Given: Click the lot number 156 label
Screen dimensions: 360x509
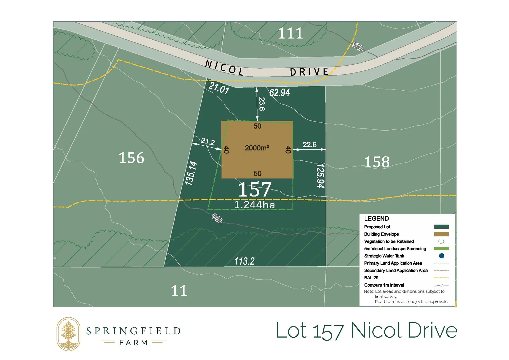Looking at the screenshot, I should click(131, 158).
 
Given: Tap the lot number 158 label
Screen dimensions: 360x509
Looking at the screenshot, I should click(377, 162).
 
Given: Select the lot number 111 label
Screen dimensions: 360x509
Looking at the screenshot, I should click(290, 33).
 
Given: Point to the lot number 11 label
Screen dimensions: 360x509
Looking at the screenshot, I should click(179, 291).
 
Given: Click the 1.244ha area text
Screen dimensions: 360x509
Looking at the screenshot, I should click(255, 205).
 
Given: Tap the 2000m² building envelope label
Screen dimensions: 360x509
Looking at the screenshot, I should click(257, 148).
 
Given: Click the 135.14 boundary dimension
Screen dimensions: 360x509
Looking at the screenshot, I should click(191, 173).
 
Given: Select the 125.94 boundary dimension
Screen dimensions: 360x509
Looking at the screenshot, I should click(320, 175).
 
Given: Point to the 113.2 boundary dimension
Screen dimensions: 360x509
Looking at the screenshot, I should click(244, 261).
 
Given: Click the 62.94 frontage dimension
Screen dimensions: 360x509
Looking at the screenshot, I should click(279, 92).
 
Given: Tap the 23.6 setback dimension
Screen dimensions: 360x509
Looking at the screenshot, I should click(262, 104).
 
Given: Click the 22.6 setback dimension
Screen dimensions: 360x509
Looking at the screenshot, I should click(309, 145).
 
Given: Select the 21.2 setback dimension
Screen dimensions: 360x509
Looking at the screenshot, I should click(208, 142).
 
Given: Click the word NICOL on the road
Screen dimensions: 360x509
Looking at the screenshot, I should click(224, 68).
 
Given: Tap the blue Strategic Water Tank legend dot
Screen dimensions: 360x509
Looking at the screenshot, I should click(441, 256).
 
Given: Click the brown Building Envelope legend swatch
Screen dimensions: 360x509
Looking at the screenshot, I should click(441, 234).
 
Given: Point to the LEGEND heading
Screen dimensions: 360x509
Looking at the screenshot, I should click(376, 219).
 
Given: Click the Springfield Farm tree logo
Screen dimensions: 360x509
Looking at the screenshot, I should click(68, 334).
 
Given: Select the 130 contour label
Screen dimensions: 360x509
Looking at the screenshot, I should click(217, 218).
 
